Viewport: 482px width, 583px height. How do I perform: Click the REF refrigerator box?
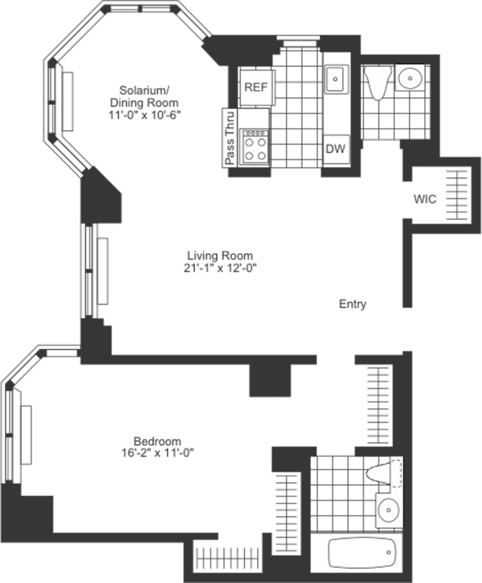point(256,87)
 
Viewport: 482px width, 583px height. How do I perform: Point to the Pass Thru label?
point(229,138)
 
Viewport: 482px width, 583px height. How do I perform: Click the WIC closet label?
point(425,199)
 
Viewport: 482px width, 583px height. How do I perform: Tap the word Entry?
point(353,304)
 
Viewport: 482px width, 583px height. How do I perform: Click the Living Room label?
point(220,255)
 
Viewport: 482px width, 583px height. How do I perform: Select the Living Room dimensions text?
point(220,268)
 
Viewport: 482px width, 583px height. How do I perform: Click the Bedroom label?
point(157,441)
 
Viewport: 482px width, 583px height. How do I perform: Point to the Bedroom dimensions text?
point(157,452)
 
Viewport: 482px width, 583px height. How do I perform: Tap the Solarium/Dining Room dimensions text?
point(145,114)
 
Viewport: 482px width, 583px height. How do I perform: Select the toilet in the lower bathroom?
point(385,472)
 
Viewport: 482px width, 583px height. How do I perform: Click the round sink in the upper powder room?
point(411,76)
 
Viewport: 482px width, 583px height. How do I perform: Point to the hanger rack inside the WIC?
point(456,195)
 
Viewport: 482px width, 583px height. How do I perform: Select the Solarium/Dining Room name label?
point(145,97)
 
